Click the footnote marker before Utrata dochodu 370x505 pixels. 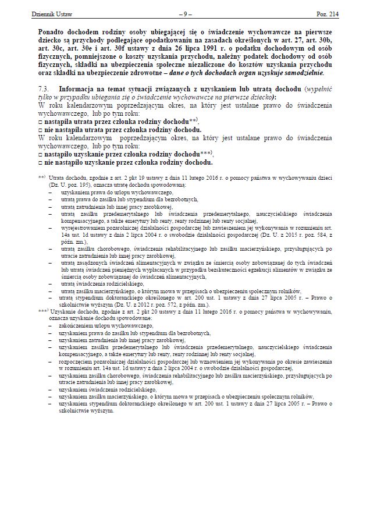[42, 175]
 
